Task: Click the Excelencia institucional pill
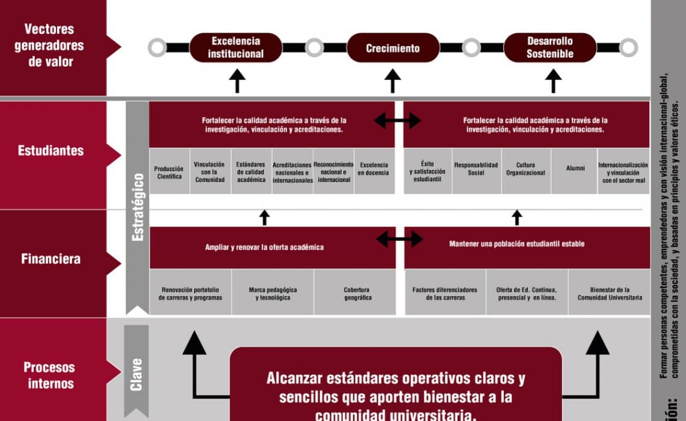pos(236,48)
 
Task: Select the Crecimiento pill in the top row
pos(393,48)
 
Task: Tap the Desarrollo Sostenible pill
pos(550,48)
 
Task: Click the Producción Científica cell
pos(169,172)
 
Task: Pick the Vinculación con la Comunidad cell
pos(209,172)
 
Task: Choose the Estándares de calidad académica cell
pos(251,172)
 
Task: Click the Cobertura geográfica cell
pos(357,293)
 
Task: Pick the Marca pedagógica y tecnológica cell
pos(273,293)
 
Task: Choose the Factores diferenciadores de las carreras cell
pos(445,293)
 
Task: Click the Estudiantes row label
pos(51,150)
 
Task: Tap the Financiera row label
pos(51,259)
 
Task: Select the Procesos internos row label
pos(49,375)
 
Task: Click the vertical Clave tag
pos(137,374)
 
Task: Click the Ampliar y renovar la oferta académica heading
pos(264,247)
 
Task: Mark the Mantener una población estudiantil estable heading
pos(516,244)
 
